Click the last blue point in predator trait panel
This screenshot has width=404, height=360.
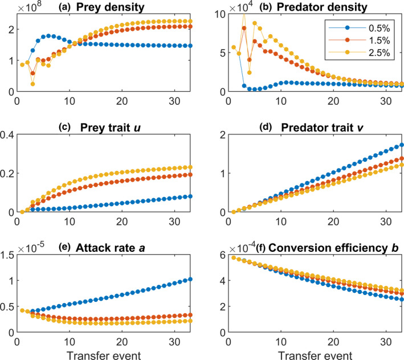pyautogui.click(x=401, y=145)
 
